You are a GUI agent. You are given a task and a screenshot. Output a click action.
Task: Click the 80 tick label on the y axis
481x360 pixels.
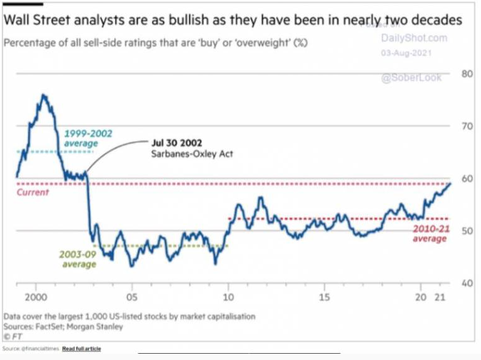pos(466,74)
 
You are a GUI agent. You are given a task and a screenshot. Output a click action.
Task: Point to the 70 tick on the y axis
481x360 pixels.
pos(466,126)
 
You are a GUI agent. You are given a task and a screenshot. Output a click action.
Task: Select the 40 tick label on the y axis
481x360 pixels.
pos(466,283)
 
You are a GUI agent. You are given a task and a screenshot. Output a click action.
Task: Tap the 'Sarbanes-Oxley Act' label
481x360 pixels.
pos(192,153)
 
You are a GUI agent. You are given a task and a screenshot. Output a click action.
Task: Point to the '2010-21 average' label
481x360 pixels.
pos(430,234)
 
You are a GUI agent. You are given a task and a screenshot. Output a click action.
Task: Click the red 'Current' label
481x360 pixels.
pos(32,192)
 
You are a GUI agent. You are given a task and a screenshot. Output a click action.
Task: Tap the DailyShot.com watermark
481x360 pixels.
pos(414,38)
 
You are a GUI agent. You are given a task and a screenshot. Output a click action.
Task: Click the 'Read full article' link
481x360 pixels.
pos(81,348)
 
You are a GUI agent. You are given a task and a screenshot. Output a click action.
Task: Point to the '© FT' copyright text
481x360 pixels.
pos(14,336)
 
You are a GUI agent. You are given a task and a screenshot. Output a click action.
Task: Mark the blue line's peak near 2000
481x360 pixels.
pos(43,95)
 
